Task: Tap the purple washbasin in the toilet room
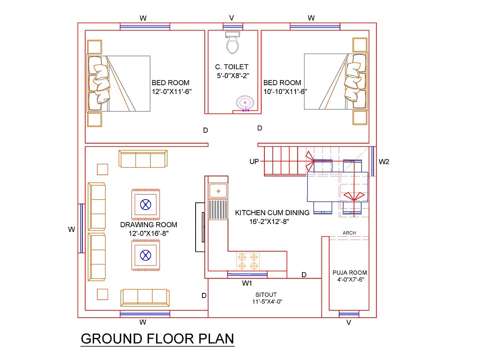coord(245,103)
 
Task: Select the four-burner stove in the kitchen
coord(248,261)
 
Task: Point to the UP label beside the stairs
coord(254,162)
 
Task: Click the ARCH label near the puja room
coord(349,233)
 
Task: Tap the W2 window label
coord(384,162)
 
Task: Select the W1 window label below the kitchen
coord(247,284)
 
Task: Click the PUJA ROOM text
coord(350,273)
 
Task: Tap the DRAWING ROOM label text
coord(148,225)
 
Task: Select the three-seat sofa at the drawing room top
coord(143,159)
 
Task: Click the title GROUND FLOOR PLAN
coord(157,338)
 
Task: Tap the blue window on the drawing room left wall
coord(81,228)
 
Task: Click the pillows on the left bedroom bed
coord(98,83)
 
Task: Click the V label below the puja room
coord(348,323)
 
